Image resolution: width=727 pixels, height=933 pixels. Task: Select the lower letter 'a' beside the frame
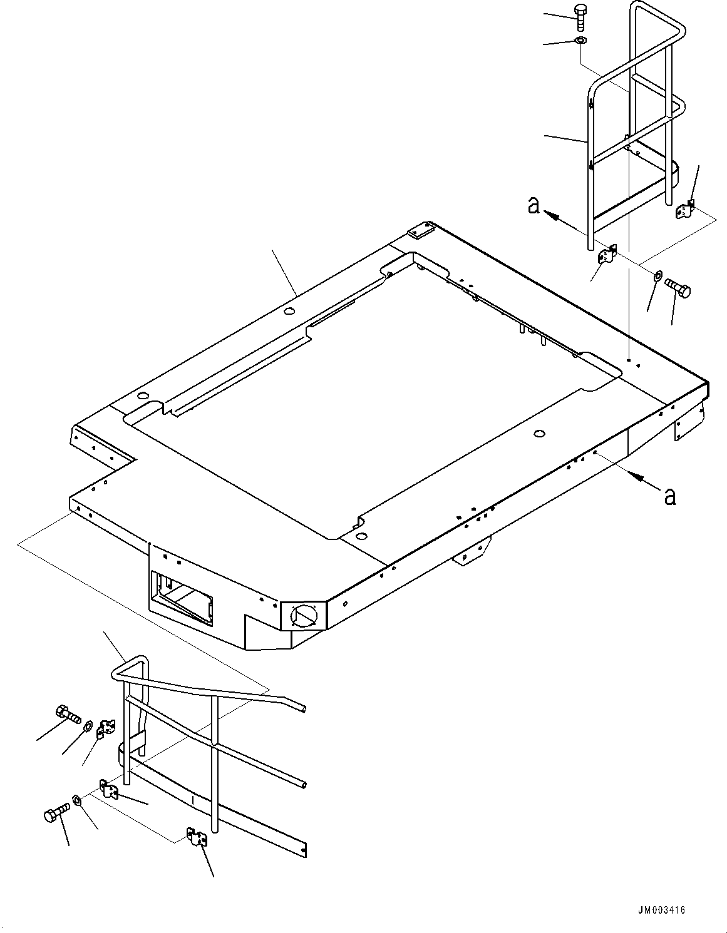(669, 496)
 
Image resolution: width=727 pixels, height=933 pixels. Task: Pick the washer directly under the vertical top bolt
(580, 41)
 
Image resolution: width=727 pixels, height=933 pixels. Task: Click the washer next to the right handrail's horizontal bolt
(657, 276)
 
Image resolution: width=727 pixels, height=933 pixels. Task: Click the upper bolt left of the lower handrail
(65, 713)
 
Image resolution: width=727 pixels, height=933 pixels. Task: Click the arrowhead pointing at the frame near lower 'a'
(639, 478)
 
